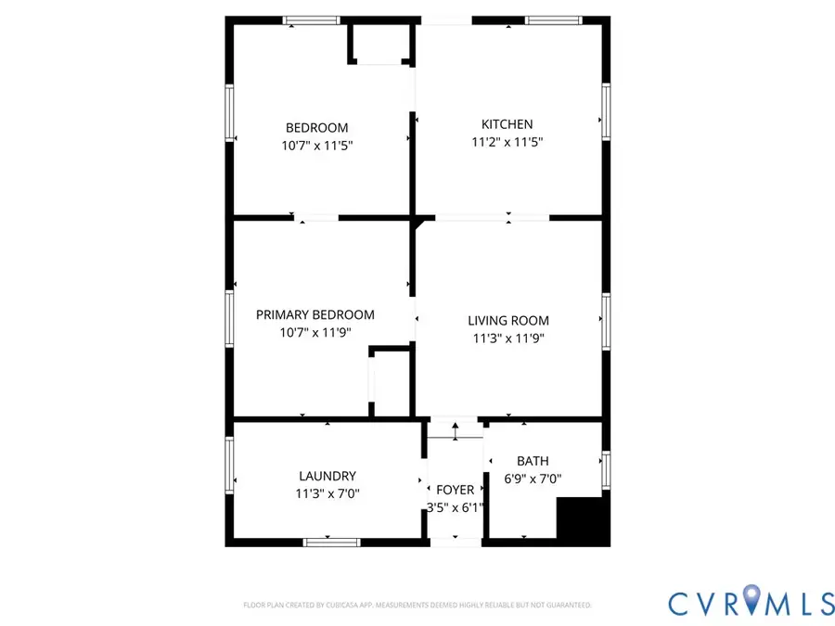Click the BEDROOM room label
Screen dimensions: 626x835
(316, 128)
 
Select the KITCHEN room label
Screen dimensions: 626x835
(507, 124)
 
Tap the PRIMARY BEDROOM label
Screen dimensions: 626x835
(315, 315)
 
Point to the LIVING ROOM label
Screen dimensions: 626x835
(507, 321)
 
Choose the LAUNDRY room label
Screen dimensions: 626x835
(327, 476)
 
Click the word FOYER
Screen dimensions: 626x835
(455, 490)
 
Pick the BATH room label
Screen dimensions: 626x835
(533, 461)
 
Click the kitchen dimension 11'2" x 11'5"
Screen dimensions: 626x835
(507, 143)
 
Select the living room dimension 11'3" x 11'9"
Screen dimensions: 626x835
(507, 339)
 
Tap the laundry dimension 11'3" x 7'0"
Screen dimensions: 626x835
(327, 494)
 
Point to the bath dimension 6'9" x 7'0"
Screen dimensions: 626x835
(533, 479)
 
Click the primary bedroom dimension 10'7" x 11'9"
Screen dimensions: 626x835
(315, 333)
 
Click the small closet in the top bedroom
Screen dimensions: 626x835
(379, 43)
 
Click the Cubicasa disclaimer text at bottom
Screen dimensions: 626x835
(417, 605)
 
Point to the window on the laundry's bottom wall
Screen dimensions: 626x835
(331, 542)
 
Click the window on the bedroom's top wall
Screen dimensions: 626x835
(312, 20)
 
